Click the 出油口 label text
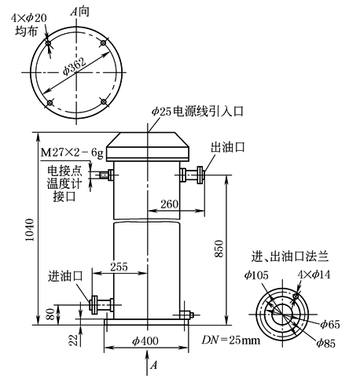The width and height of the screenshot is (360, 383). pos(226,148)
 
